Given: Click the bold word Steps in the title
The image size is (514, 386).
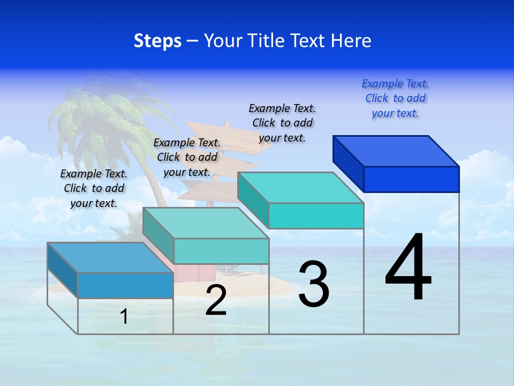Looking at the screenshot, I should (157, 41).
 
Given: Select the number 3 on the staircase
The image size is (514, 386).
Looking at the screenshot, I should (314, 284).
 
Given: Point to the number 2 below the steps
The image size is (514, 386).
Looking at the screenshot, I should (216, 301).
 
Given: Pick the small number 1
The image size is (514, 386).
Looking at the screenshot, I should (124, 316).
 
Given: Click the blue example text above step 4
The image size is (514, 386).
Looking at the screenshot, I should (395, 99).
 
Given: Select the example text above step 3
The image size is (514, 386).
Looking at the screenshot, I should (282, 123).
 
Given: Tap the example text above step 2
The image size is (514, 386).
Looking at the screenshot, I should (187, 157).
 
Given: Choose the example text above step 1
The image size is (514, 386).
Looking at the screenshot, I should (94, 188).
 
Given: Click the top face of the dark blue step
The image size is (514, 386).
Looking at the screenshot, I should (396, 151).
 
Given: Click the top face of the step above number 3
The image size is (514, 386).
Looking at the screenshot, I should (300, 188).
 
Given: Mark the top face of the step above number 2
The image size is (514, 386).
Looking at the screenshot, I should (206, 223).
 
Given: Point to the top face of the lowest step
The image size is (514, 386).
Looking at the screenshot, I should (110, 258).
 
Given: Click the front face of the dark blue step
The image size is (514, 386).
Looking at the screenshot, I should (411, 179).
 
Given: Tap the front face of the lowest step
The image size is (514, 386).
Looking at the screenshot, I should (125, 285).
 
